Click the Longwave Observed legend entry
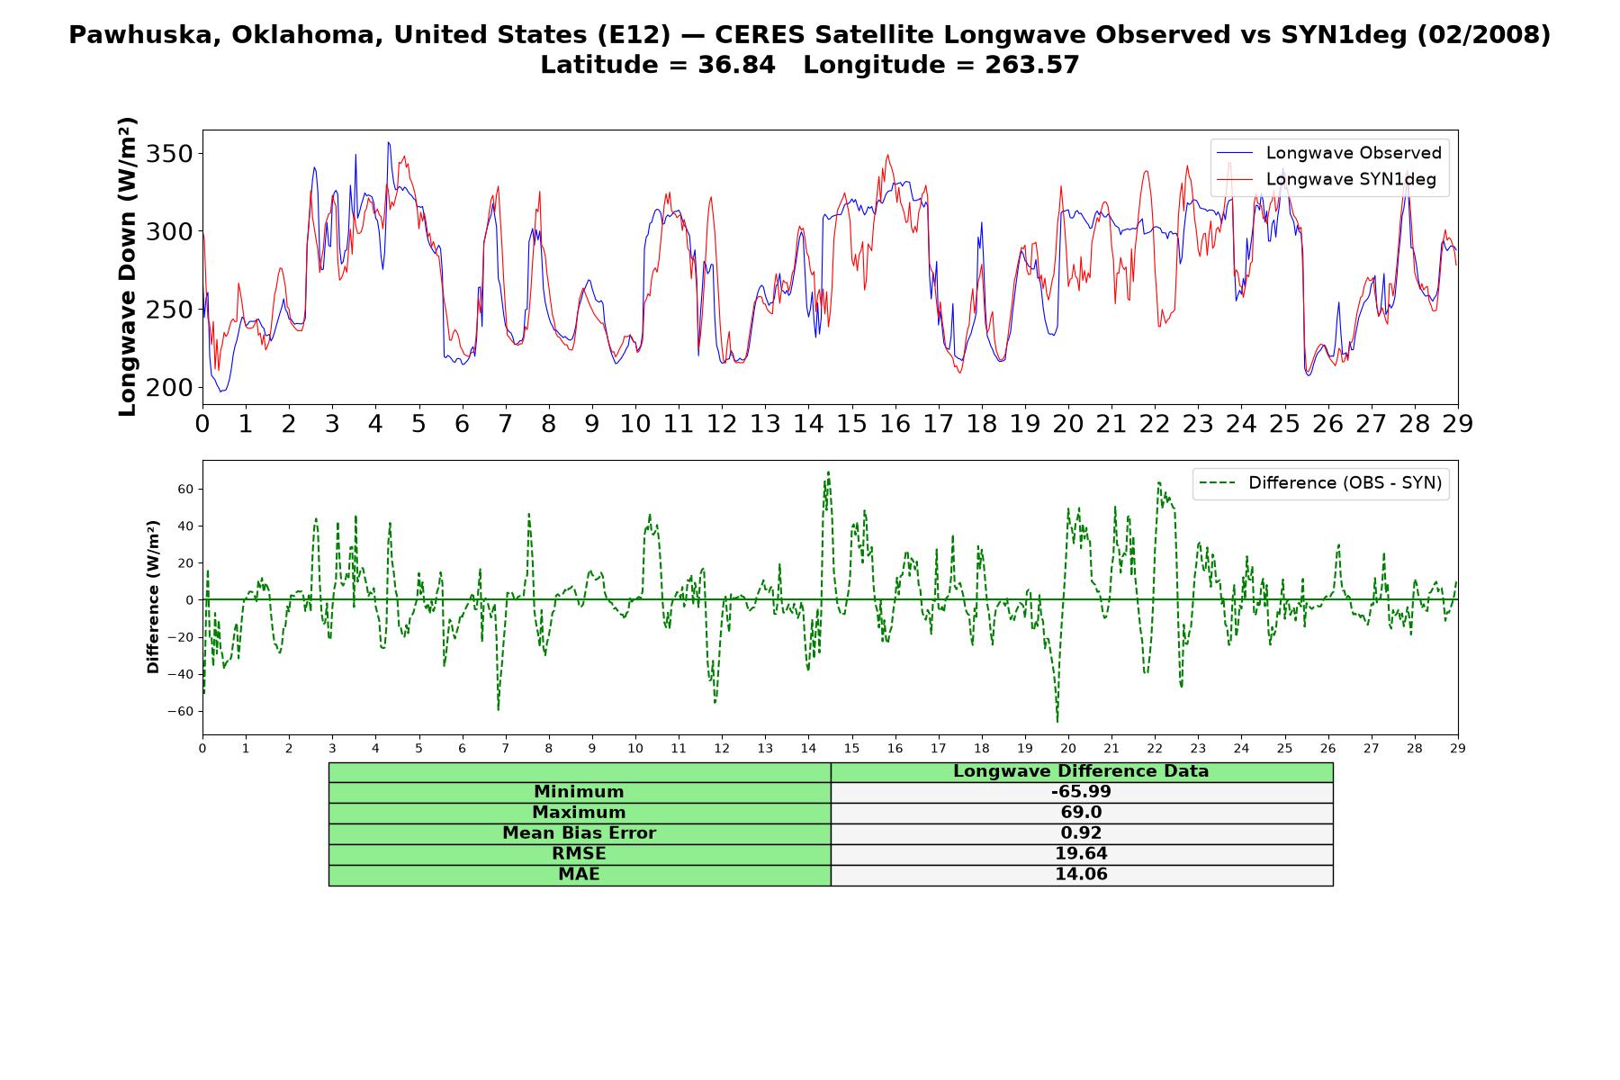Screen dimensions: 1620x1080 pos(1328,153)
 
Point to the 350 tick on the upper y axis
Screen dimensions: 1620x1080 pos(169,154)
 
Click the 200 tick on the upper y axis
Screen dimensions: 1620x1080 pos(169,388)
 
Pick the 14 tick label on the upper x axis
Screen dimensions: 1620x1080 pos(808,424)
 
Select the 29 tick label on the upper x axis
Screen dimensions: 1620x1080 pos(1458,424)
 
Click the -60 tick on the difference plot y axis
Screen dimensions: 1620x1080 pos(179,711)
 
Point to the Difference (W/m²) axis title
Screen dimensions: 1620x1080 pos(153,597)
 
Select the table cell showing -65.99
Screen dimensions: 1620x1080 pos(1081,792)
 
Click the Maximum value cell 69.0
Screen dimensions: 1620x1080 pos(1081,813)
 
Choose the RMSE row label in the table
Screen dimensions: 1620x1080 pos(579,854)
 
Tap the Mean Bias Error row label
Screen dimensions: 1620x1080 pos(579,833)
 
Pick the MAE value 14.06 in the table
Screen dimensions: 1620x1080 pos(1081,875)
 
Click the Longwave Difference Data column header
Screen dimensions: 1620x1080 pos(1081,771)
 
